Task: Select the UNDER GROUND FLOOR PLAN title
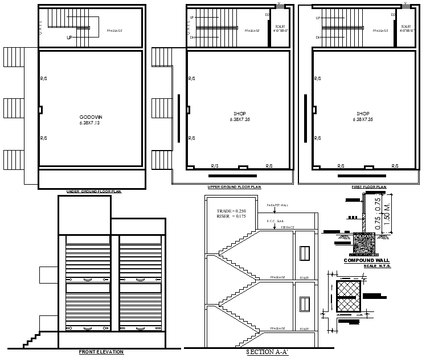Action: [x=94, y=192]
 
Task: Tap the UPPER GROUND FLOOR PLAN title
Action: [x=234, y=187]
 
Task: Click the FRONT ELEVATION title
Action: [x=101, y=352]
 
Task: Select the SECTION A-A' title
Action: [x=267, y=352]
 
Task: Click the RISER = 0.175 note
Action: [x=231, y=217]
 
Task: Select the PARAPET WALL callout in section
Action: [x=277, y=205]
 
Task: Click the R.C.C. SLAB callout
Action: [x=275, y=220]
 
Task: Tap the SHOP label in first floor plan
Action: [x=363, y=114]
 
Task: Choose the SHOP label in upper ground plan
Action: [x=240, y=114]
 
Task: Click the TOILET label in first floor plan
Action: [x=405, y=27]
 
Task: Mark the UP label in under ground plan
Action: [x=69, y=38]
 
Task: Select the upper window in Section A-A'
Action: [x=304, y=253]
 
